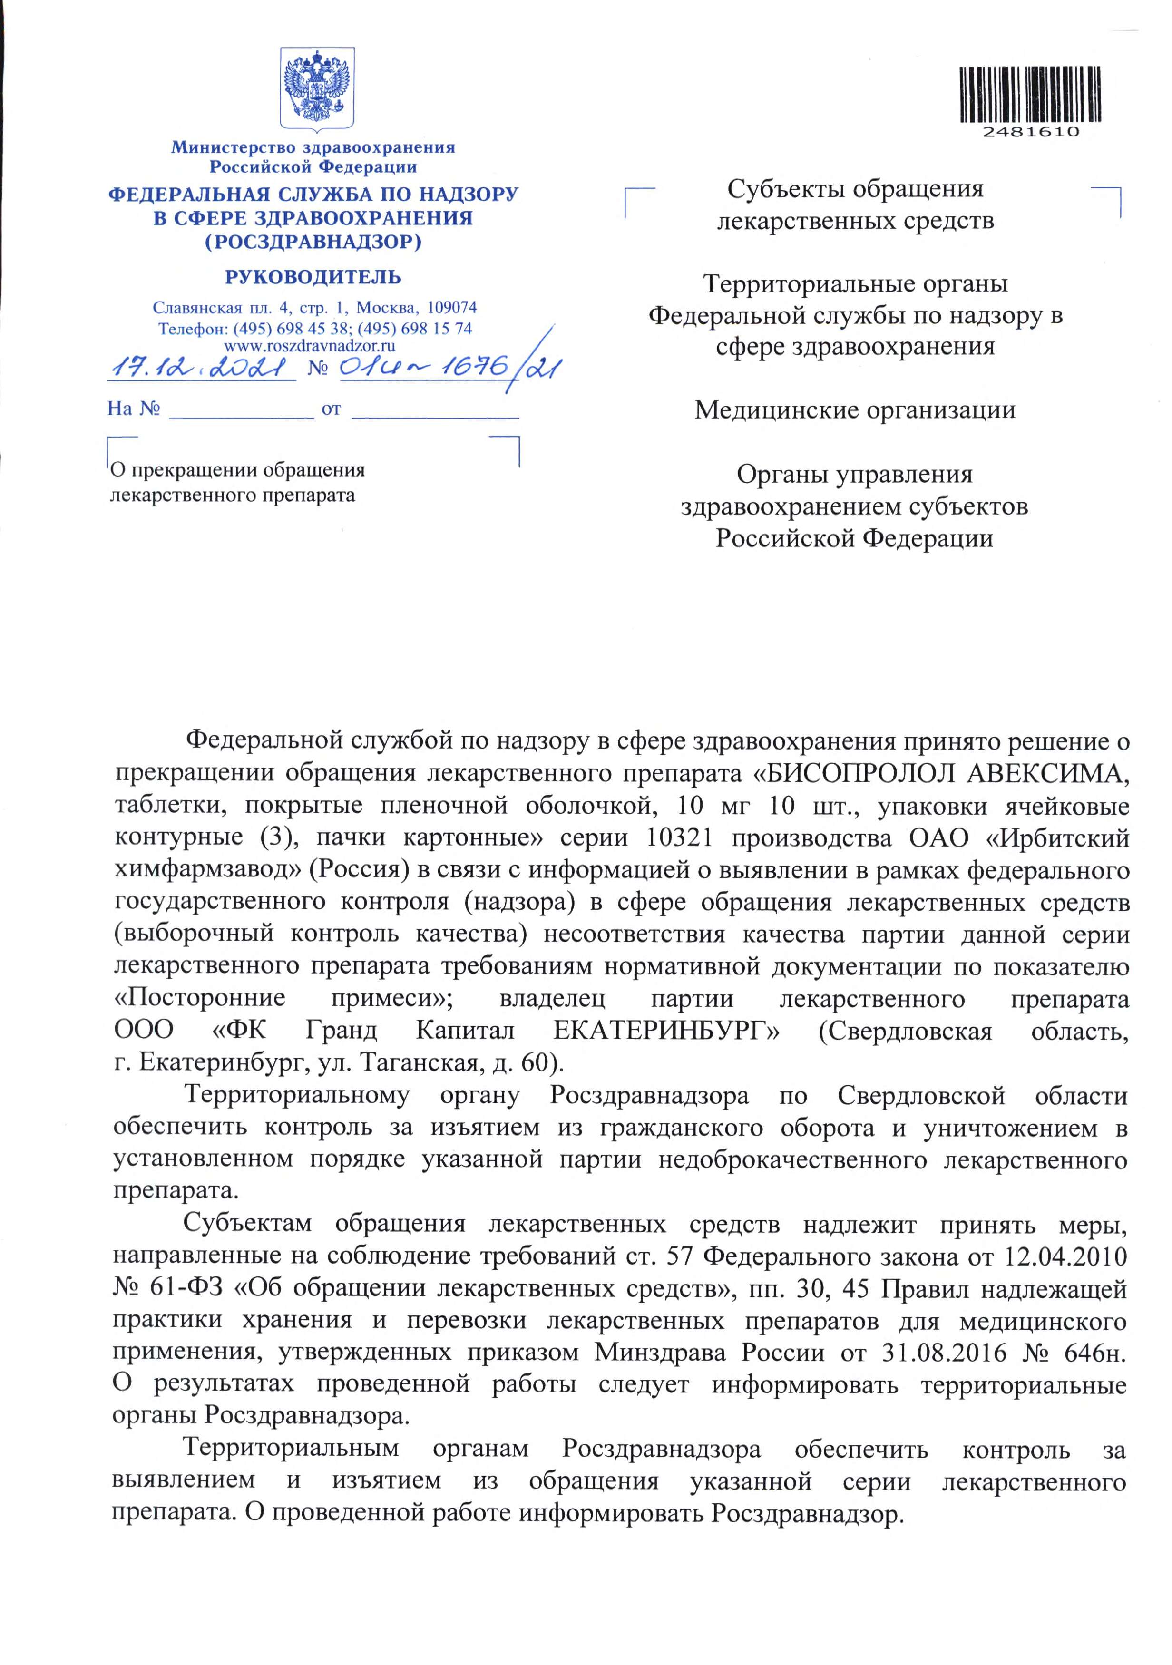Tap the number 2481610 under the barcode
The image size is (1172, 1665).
point(1031,133)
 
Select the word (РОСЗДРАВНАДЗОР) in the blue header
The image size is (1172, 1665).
point(313,242)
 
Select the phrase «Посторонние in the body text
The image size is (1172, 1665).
point(200,999)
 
